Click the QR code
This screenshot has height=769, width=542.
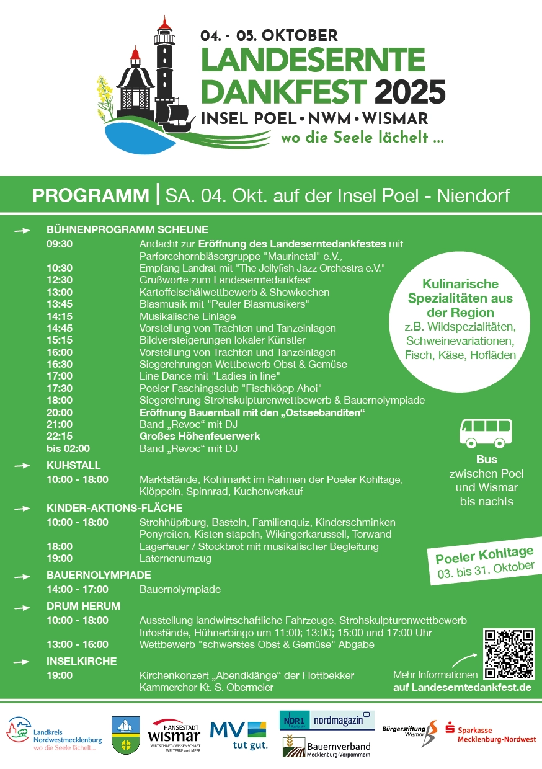click(x=509, y=654)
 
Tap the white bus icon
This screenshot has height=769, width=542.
click(x=486, y=433)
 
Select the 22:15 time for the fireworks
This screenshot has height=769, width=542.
click(x=59, y=436)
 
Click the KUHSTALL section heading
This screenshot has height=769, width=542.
click(x=73, y=465)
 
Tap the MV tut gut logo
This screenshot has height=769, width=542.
click(x=238, y=734)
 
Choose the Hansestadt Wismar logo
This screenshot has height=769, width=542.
click(x=174, y=736)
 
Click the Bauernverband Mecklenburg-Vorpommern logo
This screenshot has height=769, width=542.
click(x=327, y=747)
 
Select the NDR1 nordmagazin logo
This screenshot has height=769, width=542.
click(x=327, y=720)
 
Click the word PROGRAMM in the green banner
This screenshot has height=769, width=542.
click(x=91, y=195)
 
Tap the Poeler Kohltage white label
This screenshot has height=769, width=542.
click(x=484, y=560)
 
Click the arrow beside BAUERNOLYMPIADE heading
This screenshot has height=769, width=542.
click(x=22, y=576)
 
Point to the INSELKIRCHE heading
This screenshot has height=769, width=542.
click(x=81, y=661)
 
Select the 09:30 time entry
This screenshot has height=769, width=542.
click(x=59, y=244)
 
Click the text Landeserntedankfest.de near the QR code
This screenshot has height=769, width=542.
click(x=462, y=688)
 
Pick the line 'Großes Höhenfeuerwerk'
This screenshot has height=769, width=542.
click(x=200, y=436)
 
